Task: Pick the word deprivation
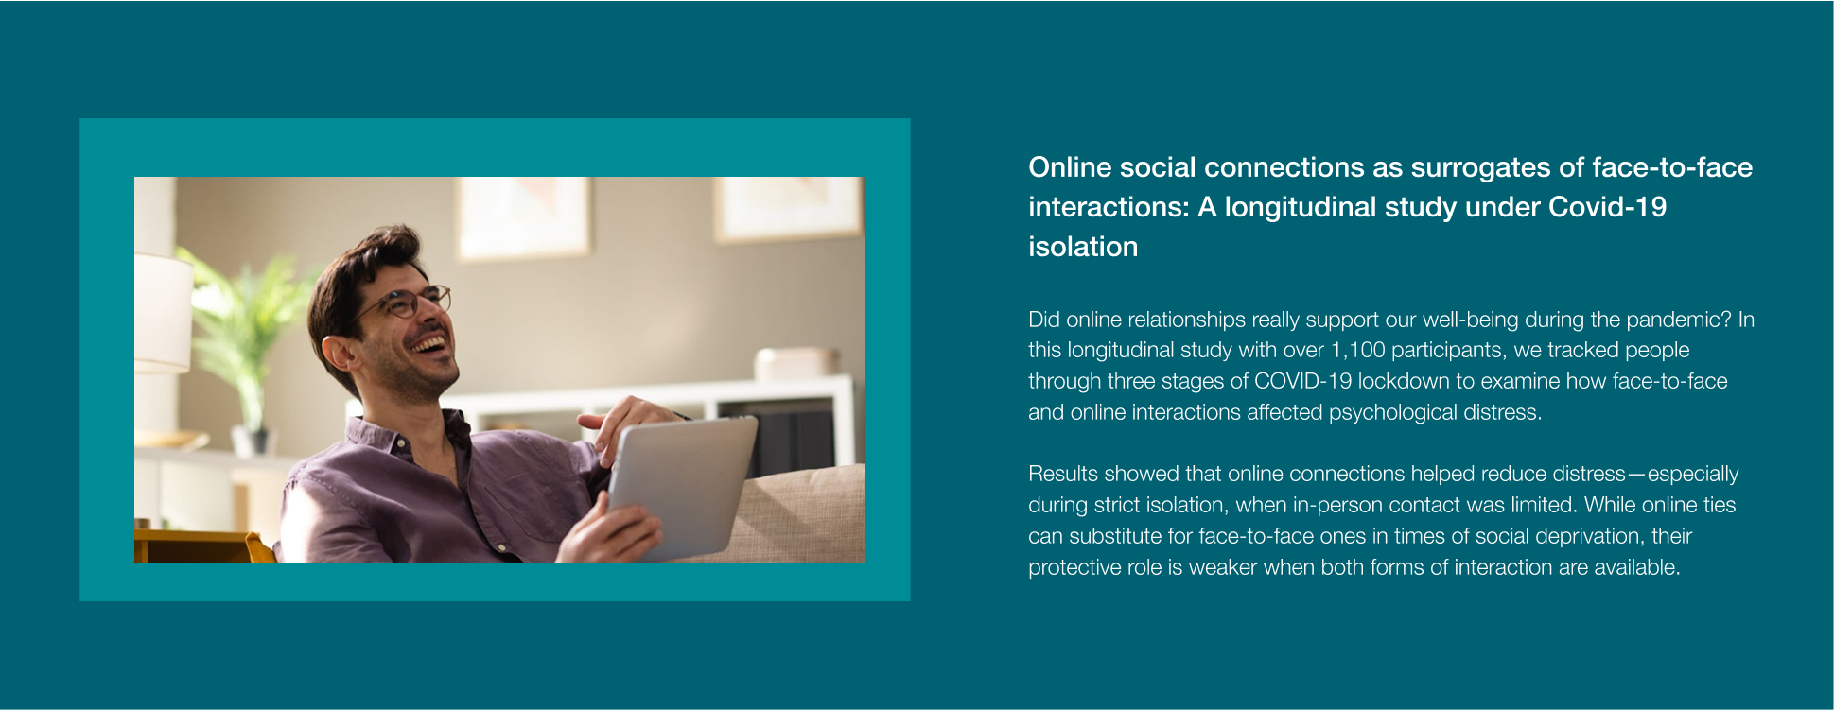click(x=1591, y=536)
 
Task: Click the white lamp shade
click(x=163, y=311)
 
